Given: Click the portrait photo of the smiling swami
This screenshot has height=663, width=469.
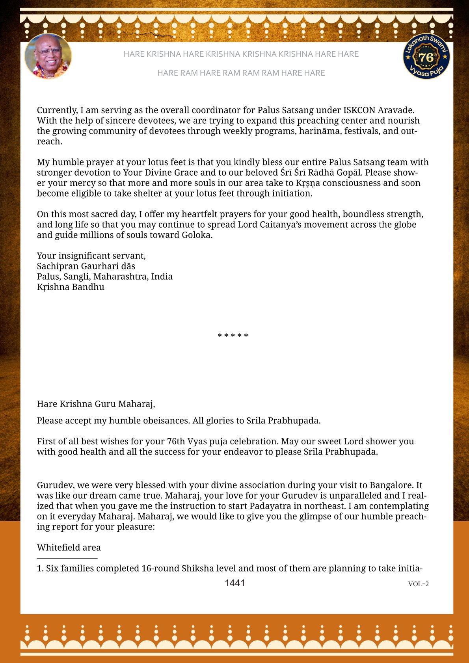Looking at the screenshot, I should coord(48,56).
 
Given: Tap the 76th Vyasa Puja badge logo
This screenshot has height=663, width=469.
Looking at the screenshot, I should coord(426,56).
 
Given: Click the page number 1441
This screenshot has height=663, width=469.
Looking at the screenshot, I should coord(235,583).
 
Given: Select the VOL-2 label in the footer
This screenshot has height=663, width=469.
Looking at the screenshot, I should coord(418,584).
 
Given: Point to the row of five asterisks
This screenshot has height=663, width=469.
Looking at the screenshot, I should coord(233,336).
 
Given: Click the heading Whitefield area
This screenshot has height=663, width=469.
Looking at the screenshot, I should coord(69,548).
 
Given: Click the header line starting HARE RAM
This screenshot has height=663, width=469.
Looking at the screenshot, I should coord(241,73).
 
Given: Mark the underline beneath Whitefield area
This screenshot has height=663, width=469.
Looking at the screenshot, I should coord(67,558).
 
